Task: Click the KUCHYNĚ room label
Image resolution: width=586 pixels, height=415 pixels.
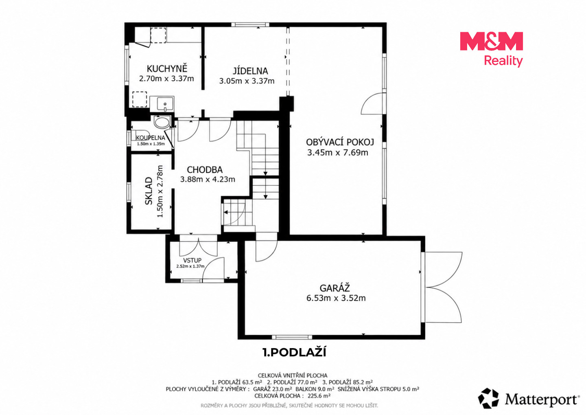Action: tap(167, 68)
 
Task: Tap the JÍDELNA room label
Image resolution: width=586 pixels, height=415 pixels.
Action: tap(250, 71)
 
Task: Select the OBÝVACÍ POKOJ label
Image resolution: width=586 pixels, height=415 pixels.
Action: tap(340, 142)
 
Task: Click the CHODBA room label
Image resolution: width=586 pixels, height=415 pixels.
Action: tap(205, 170)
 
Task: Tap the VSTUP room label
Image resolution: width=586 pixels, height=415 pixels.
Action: tap(192, 260)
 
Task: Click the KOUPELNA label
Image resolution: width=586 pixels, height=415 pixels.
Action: tap(151, 138)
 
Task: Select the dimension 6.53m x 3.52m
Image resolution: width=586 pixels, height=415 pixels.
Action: tap(336, 298)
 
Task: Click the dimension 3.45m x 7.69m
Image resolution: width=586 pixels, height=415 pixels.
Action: tap(337, 152)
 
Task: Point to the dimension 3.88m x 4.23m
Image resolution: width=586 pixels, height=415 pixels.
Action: tap(208, 179)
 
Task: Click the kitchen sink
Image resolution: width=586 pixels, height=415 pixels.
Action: tap(162, 104)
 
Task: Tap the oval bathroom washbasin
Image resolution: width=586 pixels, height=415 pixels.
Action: tap(162, 122)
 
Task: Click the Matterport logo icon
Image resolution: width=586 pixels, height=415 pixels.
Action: tap(488, 398)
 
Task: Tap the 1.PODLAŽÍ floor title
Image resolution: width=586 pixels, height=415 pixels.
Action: tap(294, 352)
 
